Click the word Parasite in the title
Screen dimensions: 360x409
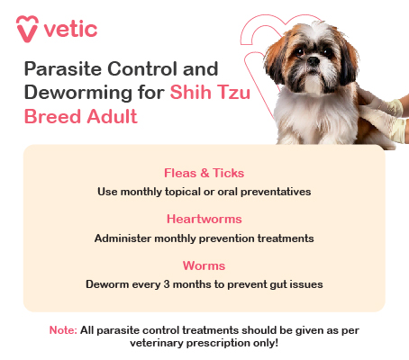point(58,69)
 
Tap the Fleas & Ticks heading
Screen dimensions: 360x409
point(204,173)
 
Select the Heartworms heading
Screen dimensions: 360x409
point(204,219)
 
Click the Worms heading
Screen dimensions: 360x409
point(204,265)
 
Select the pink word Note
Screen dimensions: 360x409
point(61,330)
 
